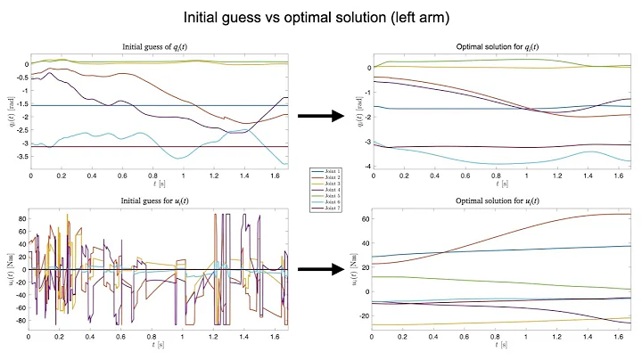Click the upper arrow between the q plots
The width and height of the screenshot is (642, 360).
tap(320, 115)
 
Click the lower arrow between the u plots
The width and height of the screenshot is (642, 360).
tap(320, 267)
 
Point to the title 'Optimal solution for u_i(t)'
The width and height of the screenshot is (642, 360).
tap(494, 202)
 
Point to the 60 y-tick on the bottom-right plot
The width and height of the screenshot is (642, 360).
tap(362, 217)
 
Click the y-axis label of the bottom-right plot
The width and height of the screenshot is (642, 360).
tap(350, 269)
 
